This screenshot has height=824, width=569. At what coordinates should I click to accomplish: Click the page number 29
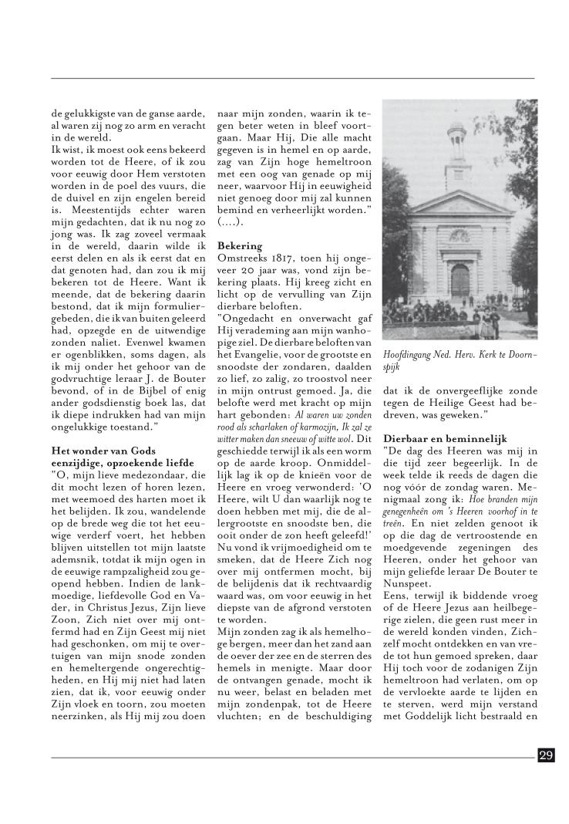click(546, 755)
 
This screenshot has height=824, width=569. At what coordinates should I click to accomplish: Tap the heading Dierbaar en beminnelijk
click(445, 437)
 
